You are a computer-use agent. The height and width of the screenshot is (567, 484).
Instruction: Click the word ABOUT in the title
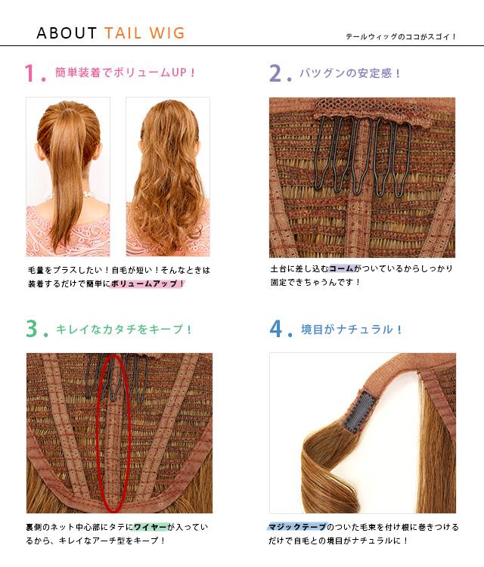coord(67,33)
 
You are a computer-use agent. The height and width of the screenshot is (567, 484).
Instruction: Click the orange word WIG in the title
coord(167,33)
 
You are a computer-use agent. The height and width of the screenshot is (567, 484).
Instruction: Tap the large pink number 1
coord(29,73)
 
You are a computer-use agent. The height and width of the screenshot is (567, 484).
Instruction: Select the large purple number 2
coord(275,73)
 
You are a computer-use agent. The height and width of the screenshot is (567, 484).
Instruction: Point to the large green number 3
coord(32,329)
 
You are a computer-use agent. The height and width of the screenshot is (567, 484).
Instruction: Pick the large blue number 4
coord(276,329)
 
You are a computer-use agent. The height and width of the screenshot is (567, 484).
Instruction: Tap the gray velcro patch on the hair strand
coord(359,412)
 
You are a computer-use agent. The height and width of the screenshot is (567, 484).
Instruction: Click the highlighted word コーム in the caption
coord(341,268)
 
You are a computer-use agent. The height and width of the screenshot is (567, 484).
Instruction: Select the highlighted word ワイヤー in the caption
coord(150,527)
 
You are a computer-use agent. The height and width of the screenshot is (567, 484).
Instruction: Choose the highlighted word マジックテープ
coord(297,527)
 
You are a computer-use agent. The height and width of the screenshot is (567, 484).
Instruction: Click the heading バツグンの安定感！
coord(350,73)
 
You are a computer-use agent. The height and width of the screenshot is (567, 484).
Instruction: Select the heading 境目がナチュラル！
coord(351,329)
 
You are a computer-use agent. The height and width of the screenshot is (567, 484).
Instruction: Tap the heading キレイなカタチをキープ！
coord(123,329)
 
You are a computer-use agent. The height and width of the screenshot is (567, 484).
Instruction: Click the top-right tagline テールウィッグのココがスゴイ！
coord(401,36)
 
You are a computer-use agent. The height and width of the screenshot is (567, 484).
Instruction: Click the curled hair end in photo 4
coord(325,470)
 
